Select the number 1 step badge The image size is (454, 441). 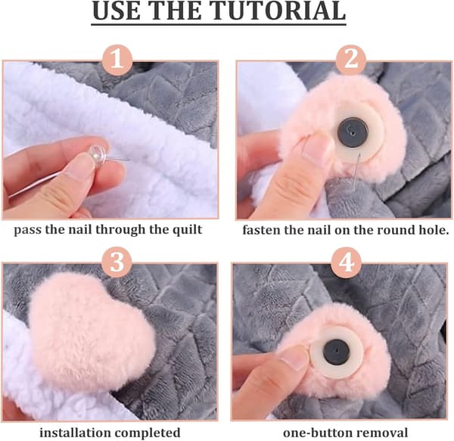click(x=117, y=61)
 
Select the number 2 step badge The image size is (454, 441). click(x=350, y=61)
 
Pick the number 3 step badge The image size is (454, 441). click(x=117, y=262)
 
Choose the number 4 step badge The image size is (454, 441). click(x=346, y=262)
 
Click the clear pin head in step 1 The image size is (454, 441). click(x=98, y=152)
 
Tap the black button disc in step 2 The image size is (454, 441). click(x=353, y=132)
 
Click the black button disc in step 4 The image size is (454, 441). click(x=337, y=352)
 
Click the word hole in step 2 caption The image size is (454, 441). click(x=434, y=231)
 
